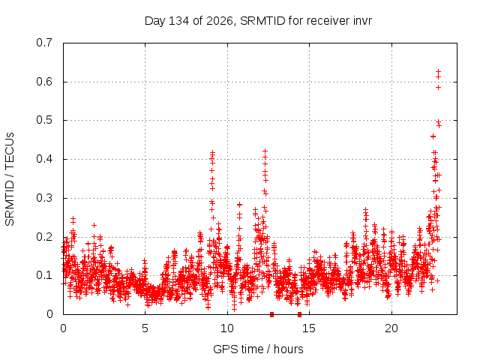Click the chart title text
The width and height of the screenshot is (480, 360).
pyautogui.click(x=258, y=21)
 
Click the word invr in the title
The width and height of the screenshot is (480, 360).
pyautogui.click(x=361, y=21)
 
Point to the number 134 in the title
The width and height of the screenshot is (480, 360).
pyautogui.click(x=179, y=21)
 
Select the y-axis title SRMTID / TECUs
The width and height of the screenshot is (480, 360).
pyautogui.click(x=10, y=179)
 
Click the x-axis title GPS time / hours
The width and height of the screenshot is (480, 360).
pyautogui.click(x=258, y=349)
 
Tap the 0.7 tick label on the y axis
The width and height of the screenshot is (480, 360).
pyautogui.click(x=44, y=43)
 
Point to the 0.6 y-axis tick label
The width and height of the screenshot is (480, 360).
pyautogui.click(x=44, y=82)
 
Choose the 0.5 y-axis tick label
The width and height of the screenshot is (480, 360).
pyautogui.click(x=44, y=120)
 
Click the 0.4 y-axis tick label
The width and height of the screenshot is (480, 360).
pyautogui.click(x=44, y=159)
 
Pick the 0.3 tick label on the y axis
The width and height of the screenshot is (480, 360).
pyautogui.click(x=44, y=198)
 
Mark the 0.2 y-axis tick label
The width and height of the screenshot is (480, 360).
pyautogui.click(x=44, y=237)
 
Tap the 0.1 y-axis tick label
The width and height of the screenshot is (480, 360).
pyautogui.click(x=44, y=275)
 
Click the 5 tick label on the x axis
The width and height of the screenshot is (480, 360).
pyautogui.click(x=145, y=328)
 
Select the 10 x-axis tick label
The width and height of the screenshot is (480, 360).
pyautogui.click(x=227, y=328)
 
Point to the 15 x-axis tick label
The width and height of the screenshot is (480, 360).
pyautogui.click(x=309, y=328)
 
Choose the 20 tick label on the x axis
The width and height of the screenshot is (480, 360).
pyautogui.click(x=391, y=328)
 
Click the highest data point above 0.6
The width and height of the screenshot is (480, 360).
pyautogui.click(x=438, y=72)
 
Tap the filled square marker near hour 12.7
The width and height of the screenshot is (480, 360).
pyautogui.click(x=271, y=314)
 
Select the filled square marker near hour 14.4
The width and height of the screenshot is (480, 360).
pyautogui.click(x=299, y=314)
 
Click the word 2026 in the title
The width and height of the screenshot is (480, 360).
pyautogui.click(x=220, y=21)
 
